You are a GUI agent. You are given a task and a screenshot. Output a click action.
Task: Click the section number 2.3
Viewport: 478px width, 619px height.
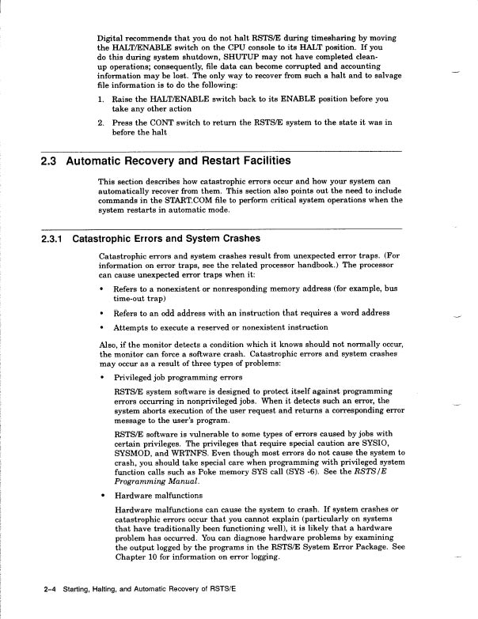point(51,162)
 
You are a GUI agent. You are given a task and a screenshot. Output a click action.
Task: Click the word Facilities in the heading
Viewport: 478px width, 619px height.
point(262,162)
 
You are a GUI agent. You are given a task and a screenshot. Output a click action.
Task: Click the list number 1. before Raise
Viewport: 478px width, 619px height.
point(101,100)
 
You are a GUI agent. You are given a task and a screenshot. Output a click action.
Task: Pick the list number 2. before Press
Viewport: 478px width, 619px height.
point(101,123)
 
